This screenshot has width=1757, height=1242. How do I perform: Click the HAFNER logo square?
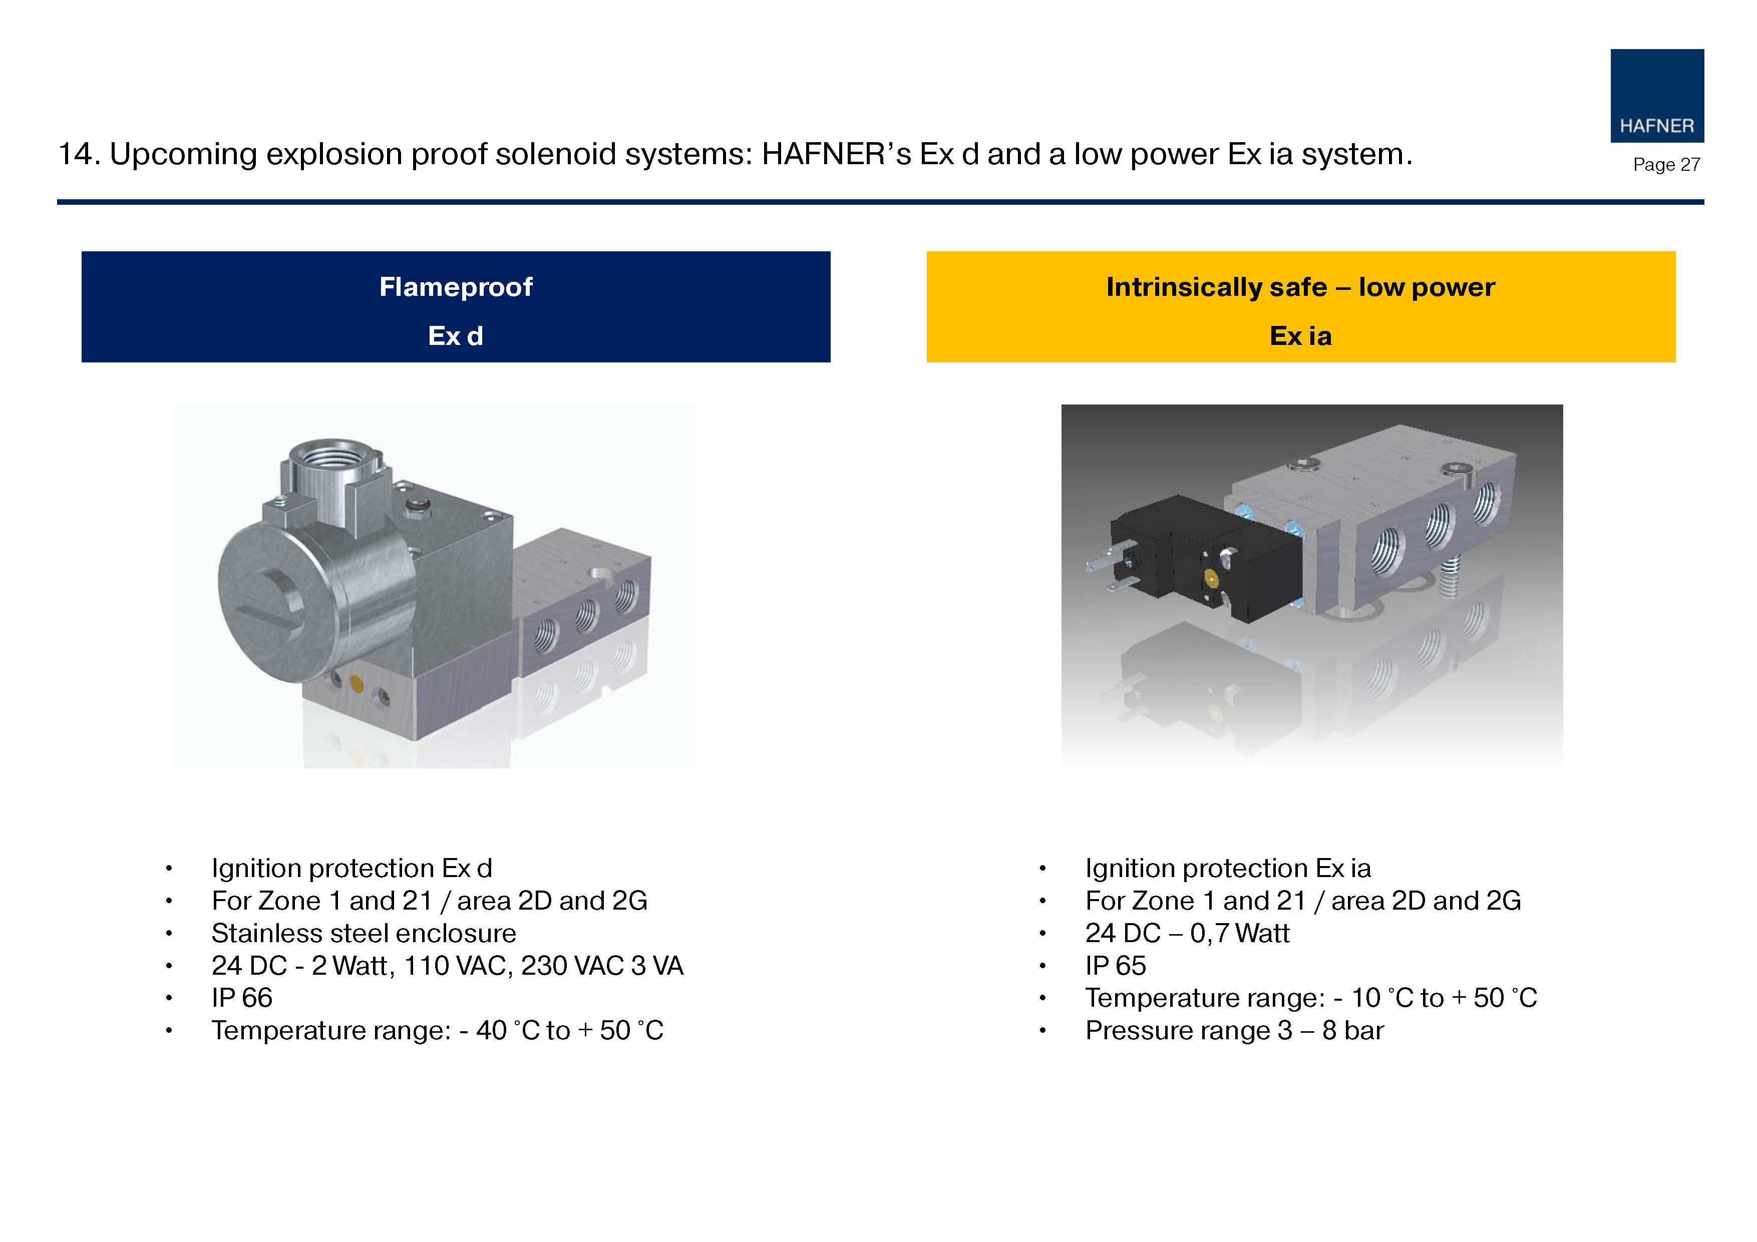tap(1657, 96)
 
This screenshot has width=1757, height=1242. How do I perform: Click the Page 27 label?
tap(1666, 165)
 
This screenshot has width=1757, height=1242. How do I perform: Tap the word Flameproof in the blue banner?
tap(456, 287)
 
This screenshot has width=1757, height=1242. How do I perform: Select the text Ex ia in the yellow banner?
tap(1300, 336)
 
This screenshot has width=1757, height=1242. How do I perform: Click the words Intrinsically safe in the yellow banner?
tap(1217, 287)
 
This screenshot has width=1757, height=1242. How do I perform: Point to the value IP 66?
tap(242, 998)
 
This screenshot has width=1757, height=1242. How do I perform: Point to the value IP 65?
tap(1116, 966)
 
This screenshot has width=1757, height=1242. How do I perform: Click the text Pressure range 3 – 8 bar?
tap(1234, 1031)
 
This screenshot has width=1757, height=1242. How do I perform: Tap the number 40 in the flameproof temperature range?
tap(491, 1031)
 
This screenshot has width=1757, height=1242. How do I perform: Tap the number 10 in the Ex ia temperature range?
tap(1365, 998)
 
